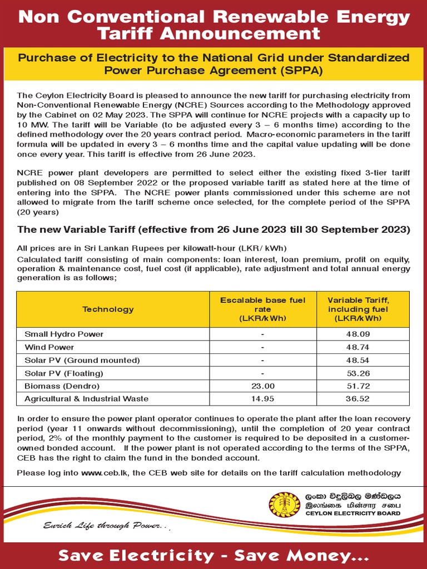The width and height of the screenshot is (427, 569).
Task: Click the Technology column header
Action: (108, 309)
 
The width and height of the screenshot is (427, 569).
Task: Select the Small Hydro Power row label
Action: (64, 334)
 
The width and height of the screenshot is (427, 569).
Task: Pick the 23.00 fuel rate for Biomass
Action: (262, 386)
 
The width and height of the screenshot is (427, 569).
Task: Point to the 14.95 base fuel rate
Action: (262, 398)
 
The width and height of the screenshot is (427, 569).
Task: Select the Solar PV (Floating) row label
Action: (64, 373)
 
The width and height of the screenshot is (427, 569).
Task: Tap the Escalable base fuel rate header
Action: (262, 309)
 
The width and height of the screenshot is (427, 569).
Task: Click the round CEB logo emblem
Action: (284, 505)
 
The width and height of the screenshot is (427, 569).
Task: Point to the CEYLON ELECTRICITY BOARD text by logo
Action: (353, 513)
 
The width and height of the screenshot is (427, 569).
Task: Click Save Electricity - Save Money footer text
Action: (213, 555)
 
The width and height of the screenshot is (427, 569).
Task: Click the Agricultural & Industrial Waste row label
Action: (86, 398)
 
